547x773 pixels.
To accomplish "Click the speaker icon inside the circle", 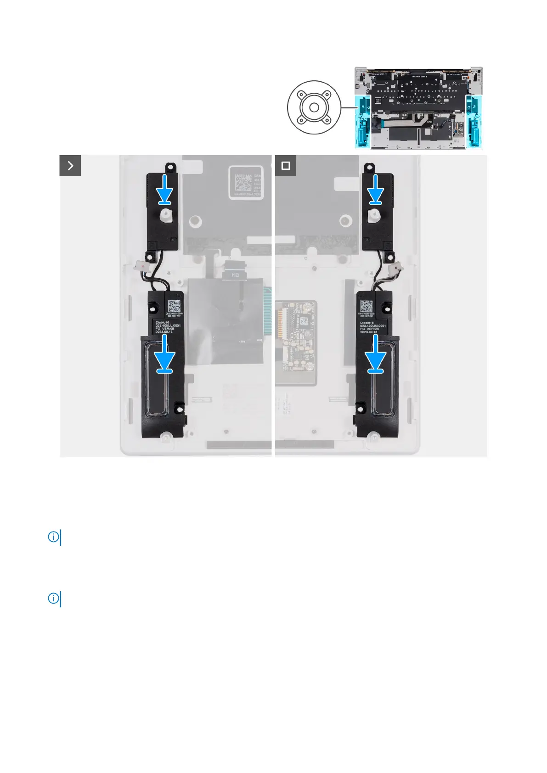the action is [314, 107].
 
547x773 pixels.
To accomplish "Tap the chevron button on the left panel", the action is [70, 166].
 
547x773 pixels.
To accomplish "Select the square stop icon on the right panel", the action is [286, 166].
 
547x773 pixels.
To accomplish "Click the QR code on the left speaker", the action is [174, 306].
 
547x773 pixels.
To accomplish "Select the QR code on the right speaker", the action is [367, 306].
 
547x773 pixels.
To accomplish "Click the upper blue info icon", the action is [53, 537].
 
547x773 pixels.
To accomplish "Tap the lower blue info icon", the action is [53, 599].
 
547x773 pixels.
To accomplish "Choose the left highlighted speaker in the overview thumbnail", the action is [363, 122].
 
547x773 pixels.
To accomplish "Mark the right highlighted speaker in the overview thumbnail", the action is [474, 122].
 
